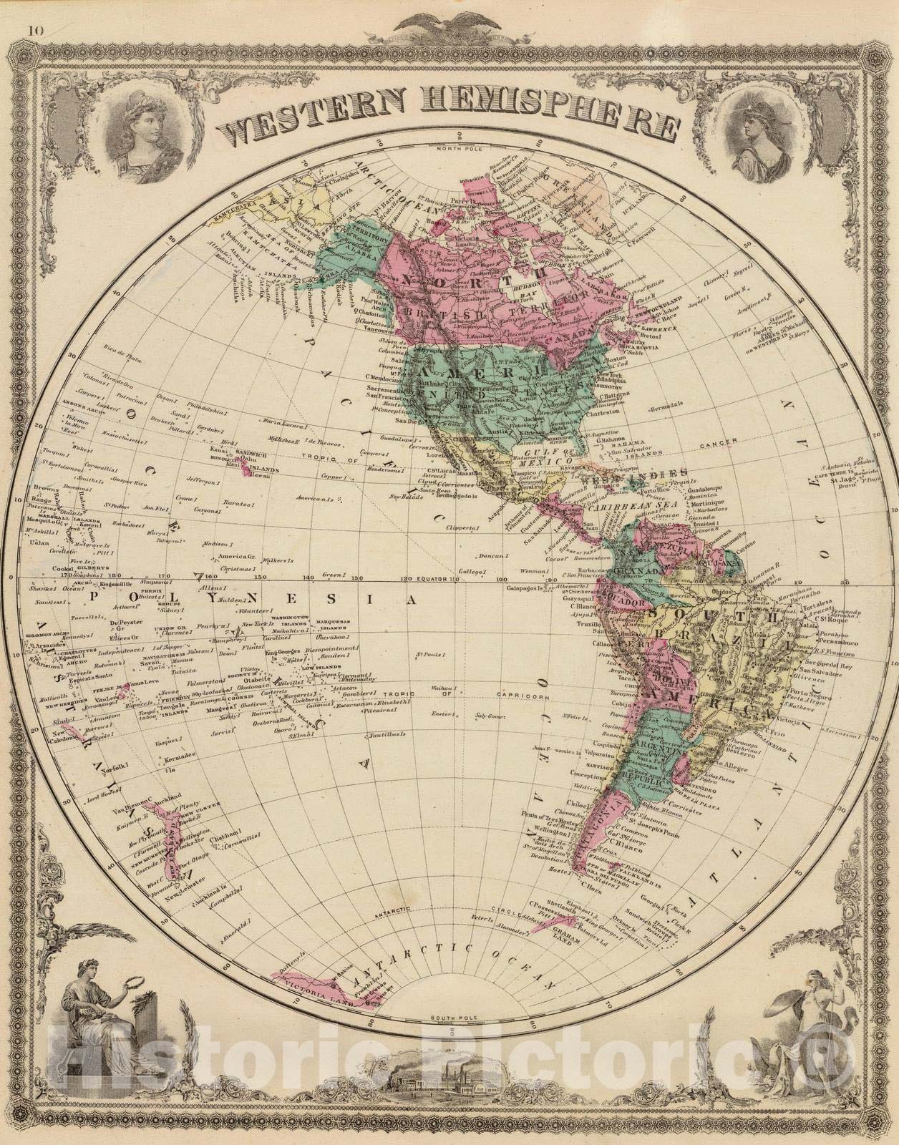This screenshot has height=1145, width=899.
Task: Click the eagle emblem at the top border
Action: point(449,22)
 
